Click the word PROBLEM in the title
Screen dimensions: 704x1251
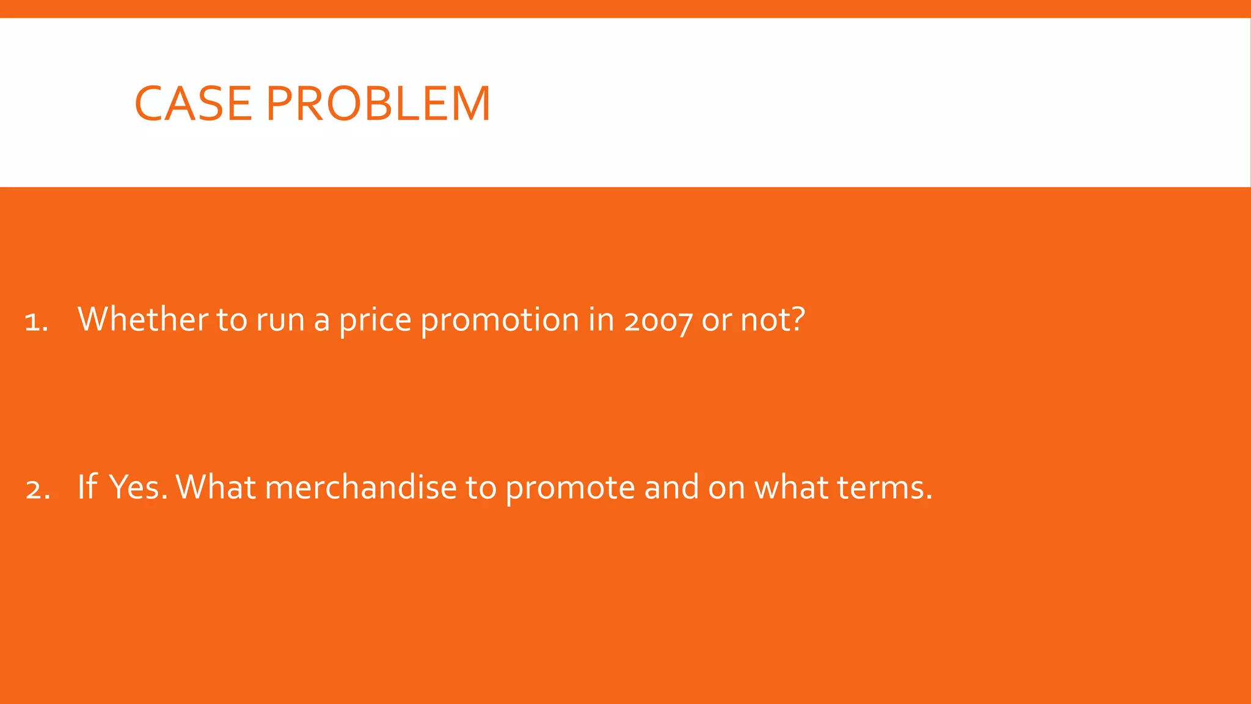[378, 104]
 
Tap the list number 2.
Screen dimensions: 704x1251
[37, 490]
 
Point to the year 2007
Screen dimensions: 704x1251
[658, 320]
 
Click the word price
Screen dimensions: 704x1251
[375, 320]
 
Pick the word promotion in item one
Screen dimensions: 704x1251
[500, 320]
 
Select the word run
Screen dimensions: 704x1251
[280, 320]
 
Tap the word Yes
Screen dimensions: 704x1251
[137, 487]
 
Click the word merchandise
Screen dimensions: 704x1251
[360, 487]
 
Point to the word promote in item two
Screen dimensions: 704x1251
[570, 488]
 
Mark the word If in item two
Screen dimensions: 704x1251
[87, 487]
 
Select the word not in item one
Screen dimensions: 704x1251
[763, 320]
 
